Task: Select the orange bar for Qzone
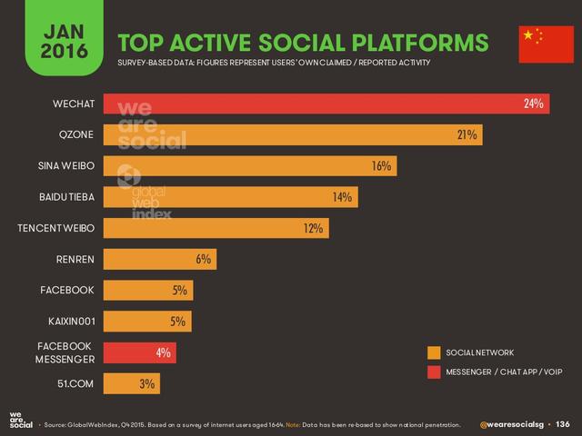(291, 135)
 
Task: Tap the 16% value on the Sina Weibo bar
(381, 166)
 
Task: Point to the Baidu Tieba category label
(64, 197)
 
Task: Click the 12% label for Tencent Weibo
(314, 228)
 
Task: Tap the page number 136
(562, 423)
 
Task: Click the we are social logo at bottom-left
(20, 421)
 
